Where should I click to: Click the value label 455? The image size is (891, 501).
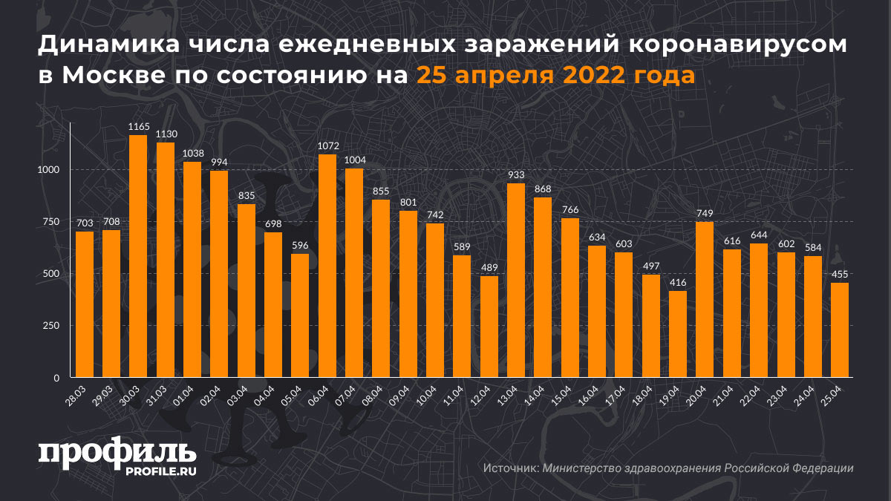pos(841,275)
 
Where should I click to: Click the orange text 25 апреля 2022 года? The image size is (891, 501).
pos(555,75)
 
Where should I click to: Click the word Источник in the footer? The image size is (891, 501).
pos(510,468)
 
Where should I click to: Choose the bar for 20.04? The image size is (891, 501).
pos(705,300)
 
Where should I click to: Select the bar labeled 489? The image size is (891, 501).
pos(489,327)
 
